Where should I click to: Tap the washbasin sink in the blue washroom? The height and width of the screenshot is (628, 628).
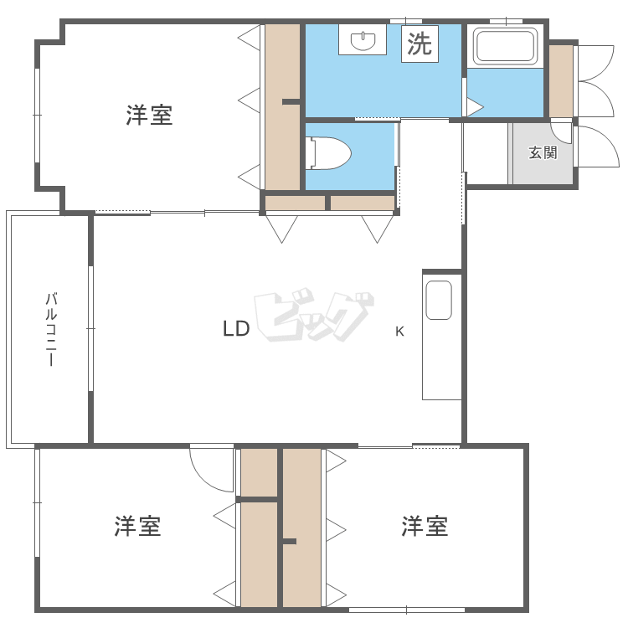(363, 39)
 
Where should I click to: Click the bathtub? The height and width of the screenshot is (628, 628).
(506, 46)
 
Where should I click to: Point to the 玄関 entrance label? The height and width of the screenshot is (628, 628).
(543, 153)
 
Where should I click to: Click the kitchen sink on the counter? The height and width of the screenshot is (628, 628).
(438, 300)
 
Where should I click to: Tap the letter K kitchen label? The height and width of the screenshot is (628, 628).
(399, 331)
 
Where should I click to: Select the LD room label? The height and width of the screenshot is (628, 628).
(236, 329)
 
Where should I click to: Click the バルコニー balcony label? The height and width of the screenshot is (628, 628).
(51, 329)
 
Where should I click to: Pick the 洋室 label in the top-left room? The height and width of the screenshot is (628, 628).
(150, 116)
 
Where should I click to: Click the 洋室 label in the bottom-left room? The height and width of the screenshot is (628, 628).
(138, 527)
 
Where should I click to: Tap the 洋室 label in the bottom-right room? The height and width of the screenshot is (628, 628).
(425, 527)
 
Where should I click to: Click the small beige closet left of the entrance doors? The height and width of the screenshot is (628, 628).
(560, 80)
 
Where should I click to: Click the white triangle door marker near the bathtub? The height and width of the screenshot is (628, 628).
(475, 107)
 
